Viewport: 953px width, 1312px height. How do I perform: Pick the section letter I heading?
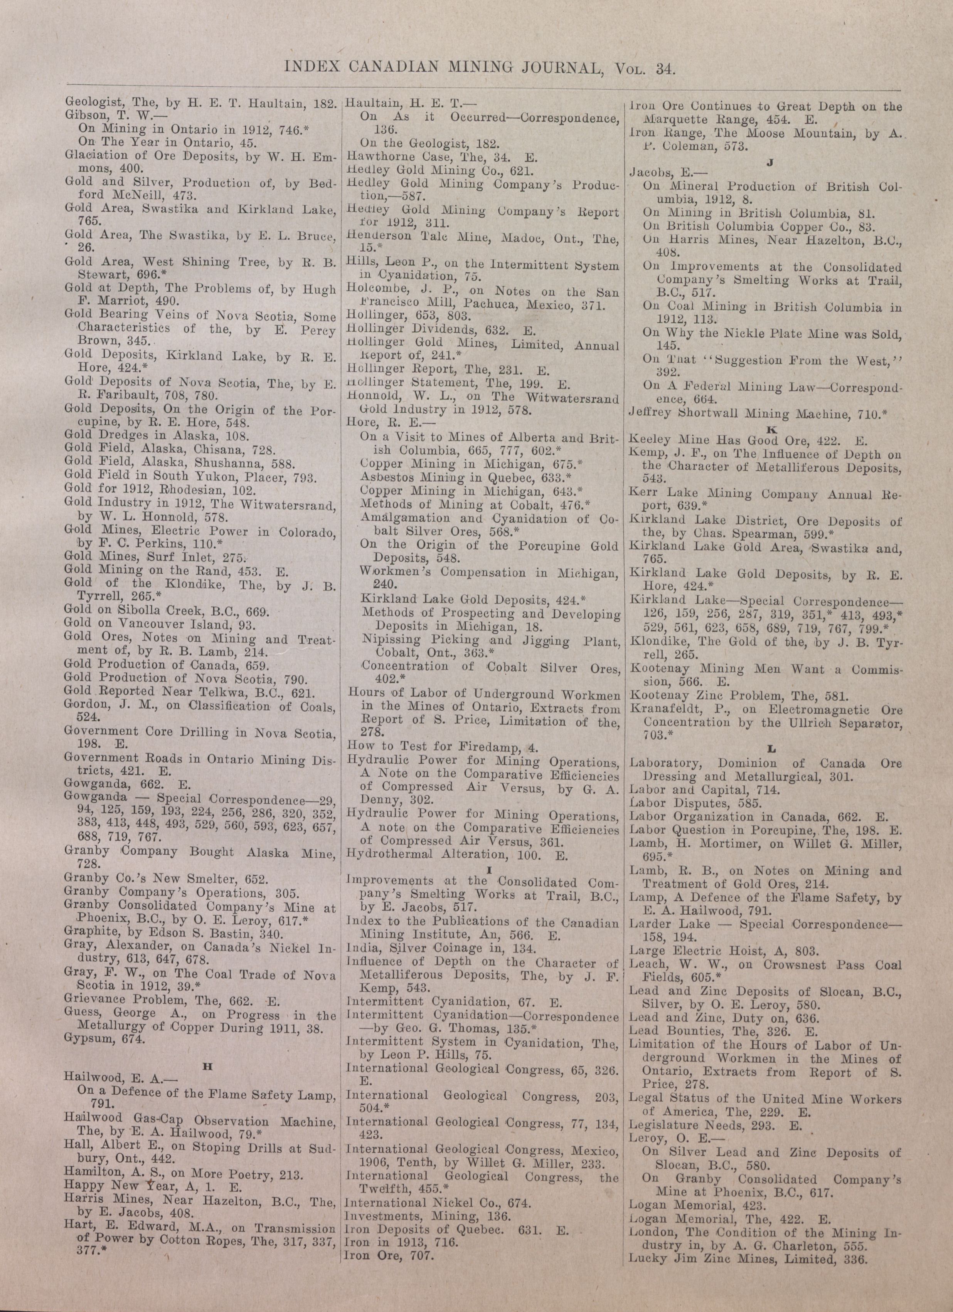coord(489,869)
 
